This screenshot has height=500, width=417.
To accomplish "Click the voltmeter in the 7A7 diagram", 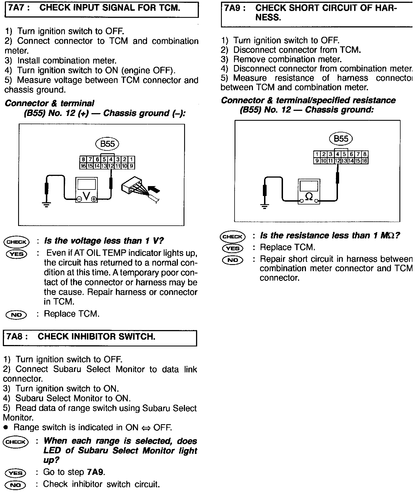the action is click(x=86, y=190).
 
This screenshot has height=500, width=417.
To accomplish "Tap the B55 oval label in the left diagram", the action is click(x=107, y=144).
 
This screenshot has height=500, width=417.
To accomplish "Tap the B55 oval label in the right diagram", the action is click(x=341, y=139).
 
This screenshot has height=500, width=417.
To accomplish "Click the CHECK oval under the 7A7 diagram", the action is click(x=16, y=242).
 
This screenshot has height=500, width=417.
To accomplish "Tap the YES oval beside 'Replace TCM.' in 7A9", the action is click(x=233, y=248).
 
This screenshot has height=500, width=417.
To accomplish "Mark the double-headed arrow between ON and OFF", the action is click(x=146, y=428).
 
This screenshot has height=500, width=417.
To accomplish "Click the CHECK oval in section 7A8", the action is click(x=16, y=442).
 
